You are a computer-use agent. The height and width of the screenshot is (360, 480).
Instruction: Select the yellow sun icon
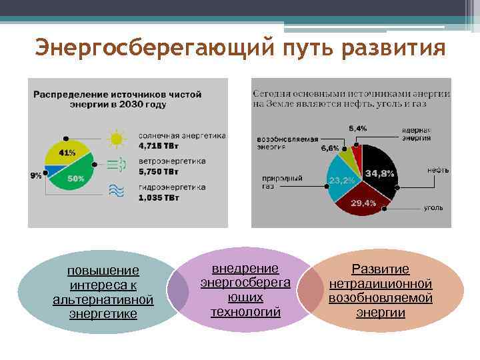(x=117, y=139)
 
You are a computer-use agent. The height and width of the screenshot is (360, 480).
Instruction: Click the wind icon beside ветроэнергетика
(x=117, y=165)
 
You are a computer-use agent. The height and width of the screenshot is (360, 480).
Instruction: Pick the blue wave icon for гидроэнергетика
(x=117, y=191)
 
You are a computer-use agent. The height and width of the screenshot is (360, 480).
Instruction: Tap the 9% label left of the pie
(x=35, y=175)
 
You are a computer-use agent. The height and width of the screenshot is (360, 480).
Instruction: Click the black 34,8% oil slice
(x=379, y=172)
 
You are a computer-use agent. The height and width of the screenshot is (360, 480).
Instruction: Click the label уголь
(x=433, y=208)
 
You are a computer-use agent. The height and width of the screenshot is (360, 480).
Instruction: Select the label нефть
(x=437, y=171)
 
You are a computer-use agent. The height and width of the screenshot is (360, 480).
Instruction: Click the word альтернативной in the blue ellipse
(x=103, y=300)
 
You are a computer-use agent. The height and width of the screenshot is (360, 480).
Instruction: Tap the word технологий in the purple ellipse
(x=245, y=311)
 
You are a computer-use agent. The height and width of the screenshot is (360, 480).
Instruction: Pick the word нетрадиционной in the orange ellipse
(x=381, y=284)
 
